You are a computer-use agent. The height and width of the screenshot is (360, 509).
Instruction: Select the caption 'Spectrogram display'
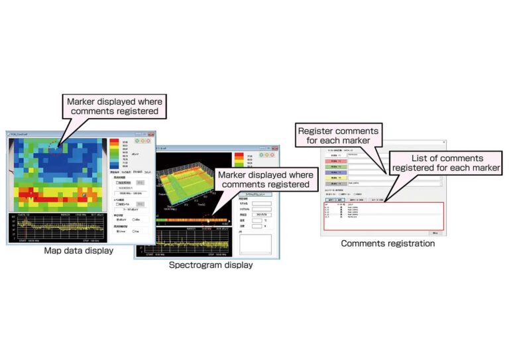click(x=210, y=265)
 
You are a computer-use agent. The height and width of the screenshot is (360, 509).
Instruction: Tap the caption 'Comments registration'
click(x=388, y=243)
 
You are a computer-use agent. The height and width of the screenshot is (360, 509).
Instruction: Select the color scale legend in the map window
click(x=114, y=153)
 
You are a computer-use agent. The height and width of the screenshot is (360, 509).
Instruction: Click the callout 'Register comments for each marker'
click(x=338, y=136)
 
